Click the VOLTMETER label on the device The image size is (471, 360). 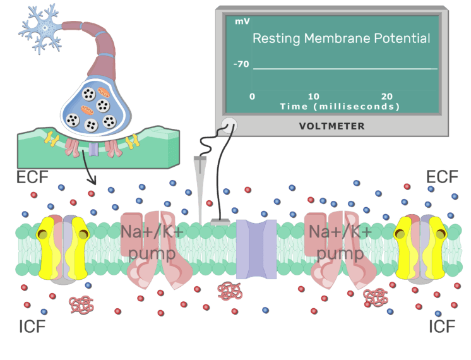pyautogui.click(x=331, y=126)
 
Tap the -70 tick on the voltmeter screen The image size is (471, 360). pyautogui.click(x=241, y=64)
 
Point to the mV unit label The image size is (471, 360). pyautogui.click(x=242, y=21)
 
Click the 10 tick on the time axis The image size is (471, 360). pyautogui.click(x=314, y=96)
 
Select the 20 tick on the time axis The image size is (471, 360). pyautogui.click(x=387, y=96)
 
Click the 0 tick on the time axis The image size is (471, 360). pyautogui.click(x=253, y=96)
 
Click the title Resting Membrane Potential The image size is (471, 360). pyautogui.click(x=341, y=39)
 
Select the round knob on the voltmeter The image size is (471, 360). pyautogui.click(x=229, y=126)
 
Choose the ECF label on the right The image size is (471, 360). pyautogui.click(x=442, y=176)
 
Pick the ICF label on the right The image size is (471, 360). pyautogui.click(x=443, y=327)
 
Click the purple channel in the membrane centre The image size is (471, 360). pyautogui.click(x=256, y=249)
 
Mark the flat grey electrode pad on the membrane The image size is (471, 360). pyautogui.click(x=220, y=222)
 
